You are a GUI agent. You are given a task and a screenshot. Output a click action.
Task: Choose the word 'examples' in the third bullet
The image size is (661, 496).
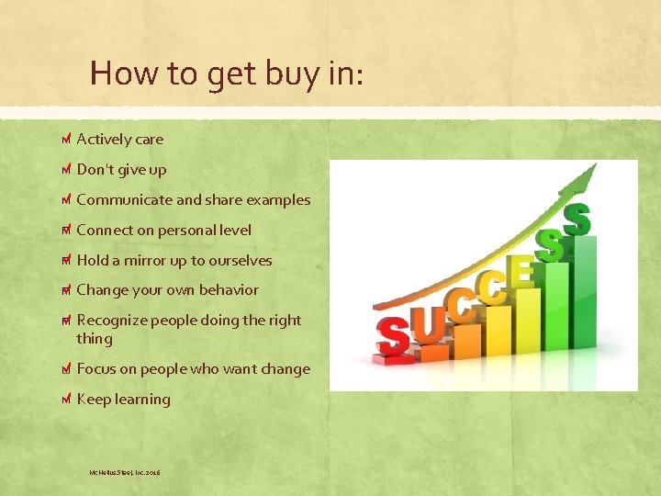click(280, 200)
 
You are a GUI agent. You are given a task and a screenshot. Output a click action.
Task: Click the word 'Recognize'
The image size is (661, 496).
click(111, 321)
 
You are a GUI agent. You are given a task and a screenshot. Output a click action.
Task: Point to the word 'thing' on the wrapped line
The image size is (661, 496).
click(95, 339)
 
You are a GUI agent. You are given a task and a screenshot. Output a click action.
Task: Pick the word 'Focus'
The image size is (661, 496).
click(95, 369)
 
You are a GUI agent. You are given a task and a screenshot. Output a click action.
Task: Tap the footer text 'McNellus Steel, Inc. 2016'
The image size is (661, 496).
click(124, 472)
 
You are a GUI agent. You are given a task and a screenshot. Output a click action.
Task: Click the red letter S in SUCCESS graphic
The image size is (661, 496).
click(393, 337)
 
